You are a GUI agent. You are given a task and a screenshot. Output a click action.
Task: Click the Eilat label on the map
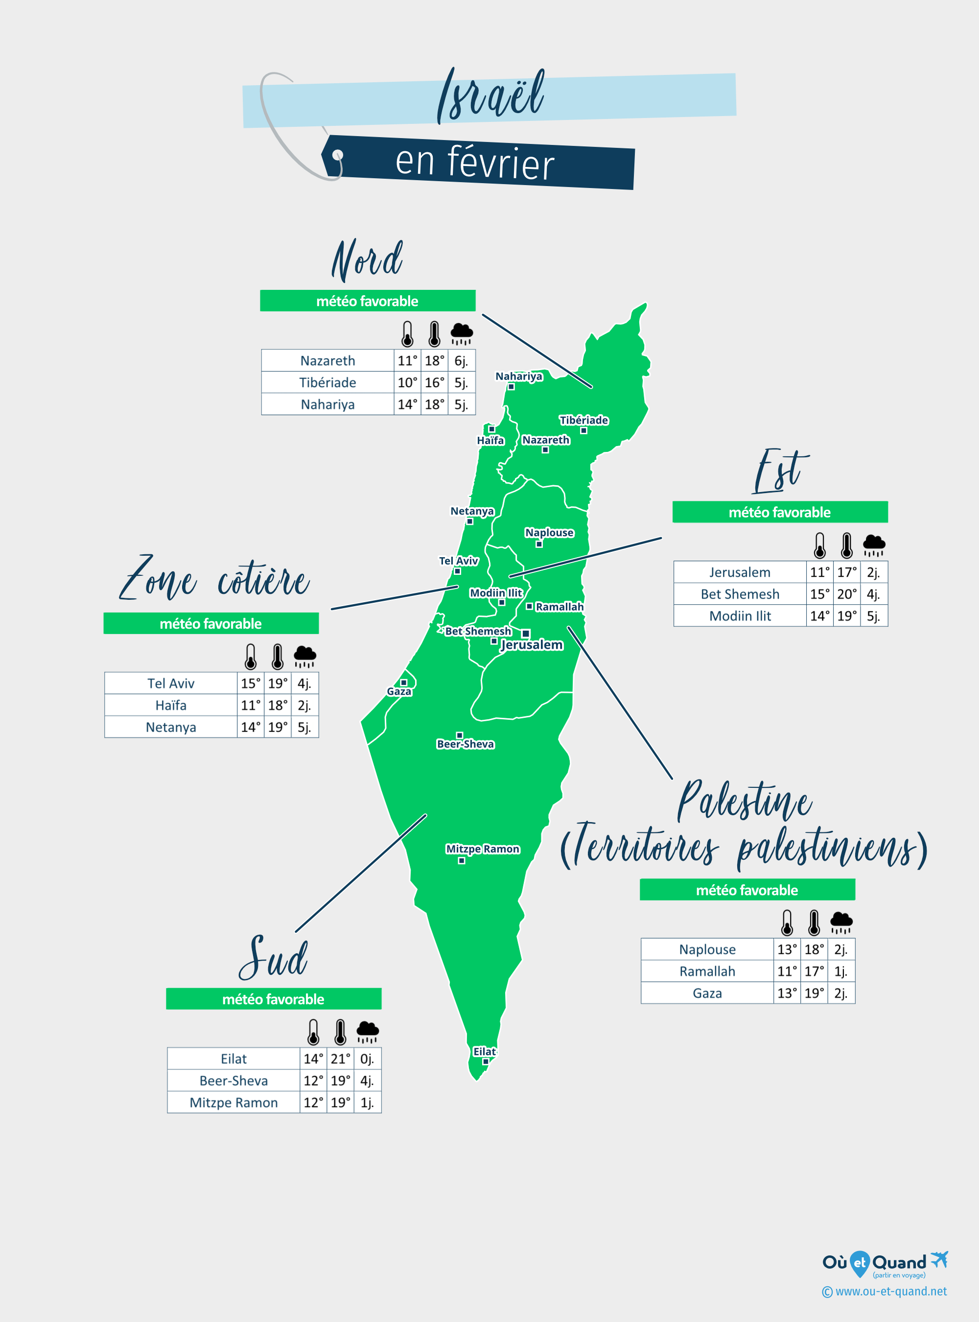point(484,1051)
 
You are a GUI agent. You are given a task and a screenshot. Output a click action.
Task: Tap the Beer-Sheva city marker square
point(459,735)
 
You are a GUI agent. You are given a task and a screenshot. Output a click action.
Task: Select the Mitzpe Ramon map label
point(482,849)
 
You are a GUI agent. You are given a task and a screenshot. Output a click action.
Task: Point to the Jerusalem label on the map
point(532,644)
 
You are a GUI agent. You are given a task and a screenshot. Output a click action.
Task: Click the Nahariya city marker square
point(511,386)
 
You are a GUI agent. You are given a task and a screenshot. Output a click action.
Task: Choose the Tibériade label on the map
point(583,420)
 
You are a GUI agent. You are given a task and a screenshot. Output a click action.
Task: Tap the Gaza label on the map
point(399,691)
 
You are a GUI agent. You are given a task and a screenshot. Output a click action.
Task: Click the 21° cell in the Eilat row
point(340,1059)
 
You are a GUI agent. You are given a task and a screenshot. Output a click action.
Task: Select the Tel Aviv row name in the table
point(171,684)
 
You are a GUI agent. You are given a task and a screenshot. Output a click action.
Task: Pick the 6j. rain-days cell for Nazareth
point(461,360)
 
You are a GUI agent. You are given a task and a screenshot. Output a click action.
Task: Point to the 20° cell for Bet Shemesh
point(846,594)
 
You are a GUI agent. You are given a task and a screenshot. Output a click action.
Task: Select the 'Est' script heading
point(780,472)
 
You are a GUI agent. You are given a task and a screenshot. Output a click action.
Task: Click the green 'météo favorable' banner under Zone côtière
point(211,624)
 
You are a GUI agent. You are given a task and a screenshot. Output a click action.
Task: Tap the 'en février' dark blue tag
point(477,163)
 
